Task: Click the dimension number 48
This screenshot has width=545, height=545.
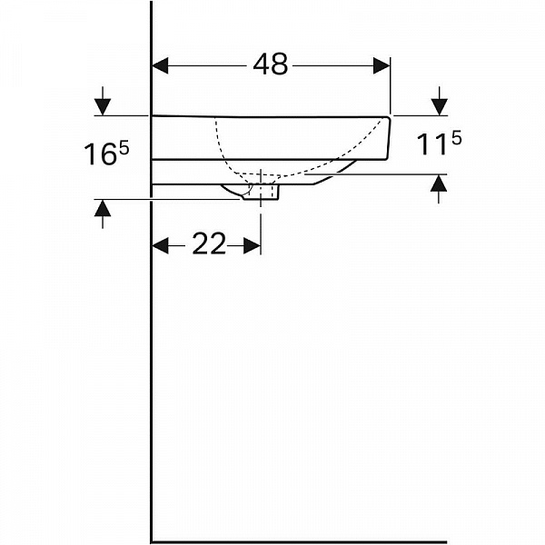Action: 271,64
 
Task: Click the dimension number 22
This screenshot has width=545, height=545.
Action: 209,243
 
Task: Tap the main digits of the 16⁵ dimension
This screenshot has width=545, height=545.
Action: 100,154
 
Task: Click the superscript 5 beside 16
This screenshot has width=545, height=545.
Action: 124,149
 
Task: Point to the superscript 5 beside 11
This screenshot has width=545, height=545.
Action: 456,139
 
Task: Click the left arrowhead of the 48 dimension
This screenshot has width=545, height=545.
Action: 160,65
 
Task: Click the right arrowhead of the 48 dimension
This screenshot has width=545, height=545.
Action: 381,65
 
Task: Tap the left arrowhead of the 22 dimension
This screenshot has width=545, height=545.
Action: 161,246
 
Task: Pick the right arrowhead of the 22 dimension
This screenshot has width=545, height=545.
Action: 252,246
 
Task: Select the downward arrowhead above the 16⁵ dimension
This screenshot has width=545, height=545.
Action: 103,107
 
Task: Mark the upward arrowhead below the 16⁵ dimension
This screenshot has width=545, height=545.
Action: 103,208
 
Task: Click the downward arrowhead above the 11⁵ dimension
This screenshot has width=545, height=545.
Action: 440,107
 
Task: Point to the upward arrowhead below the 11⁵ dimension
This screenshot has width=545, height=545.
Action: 439,183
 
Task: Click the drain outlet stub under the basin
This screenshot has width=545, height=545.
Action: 261,193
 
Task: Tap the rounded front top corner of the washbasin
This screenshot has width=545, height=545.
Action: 387,119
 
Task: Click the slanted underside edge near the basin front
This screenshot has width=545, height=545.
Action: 335,173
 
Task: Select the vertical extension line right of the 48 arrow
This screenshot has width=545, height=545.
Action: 391,85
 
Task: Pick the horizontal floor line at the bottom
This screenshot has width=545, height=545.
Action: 299,541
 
